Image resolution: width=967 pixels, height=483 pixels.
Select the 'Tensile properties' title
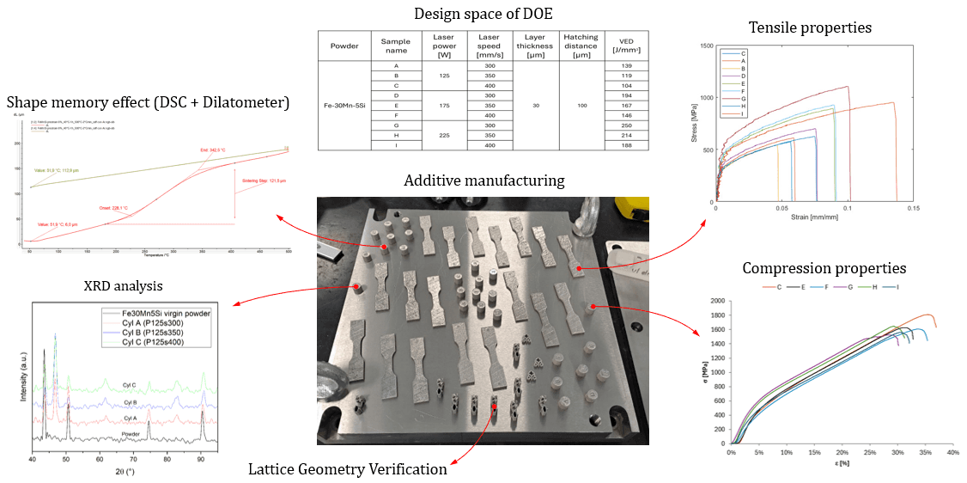point(810,28)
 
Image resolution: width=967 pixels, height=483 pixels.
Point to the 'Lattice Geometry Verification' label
point(348,469)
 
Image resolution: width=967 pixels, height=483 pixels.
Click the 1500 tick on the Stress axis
point(707,46)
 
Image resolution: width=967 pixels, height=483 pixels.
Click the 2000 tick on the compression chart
point(716,302)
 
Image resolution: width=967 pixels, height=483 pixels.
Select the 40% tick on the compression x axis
point(952,452)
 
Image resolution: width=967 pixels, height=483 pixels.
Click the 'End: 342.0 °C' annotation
point(211,149)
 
